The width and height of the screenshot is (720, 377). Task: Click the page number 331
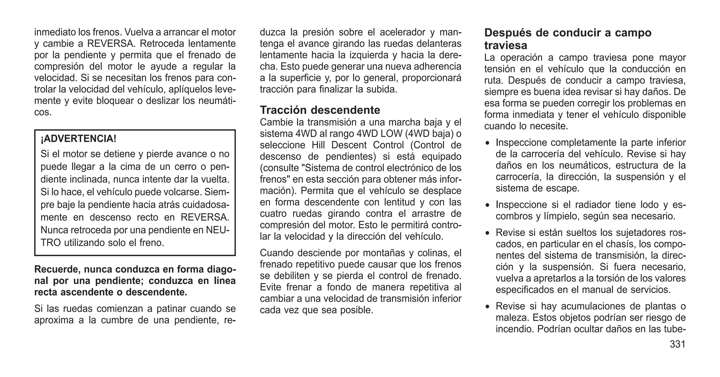(677, 344)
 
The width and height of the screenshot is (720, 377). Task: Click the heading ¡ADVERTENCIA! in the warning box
(78, 139)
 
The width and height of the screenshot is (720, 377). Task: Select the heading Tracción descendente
(320, 110)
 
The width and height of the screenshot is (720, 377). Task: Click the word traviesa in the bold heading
(506, 45)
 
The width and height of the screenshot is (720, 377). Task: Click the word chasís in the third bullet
(622, 244)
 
